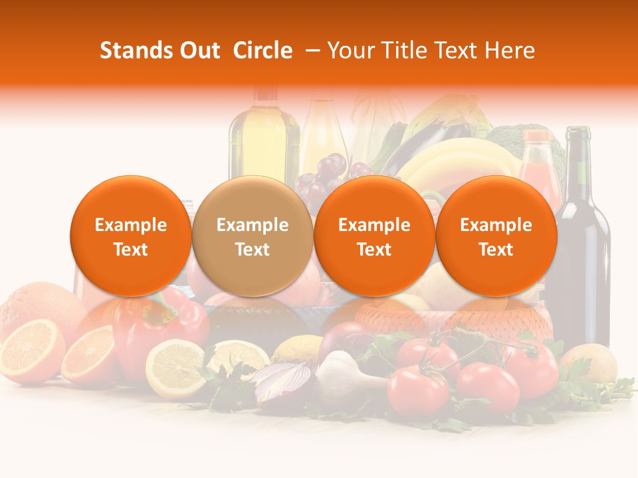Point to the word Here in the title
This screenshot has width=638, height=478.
pyautogui.click(x=510, y=50)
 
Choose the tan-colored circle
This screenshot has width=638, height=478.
pyautogui.click(x=253, y=236)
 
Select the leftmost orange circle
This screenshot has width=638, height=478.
pyautogui.click(x=131, y=236)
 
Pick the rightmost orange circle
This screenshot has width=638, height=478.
pyautogui.click(x=496, y=236)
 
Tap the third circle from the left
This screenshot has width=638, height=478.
pyautogui.click(x=374, y=236)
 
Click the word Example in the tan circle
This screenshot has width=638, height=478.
pyautogui.click(x=253, y=225)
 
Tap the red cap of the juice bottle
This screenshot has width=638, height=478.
pyautogui.click(x=537, y=137)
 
